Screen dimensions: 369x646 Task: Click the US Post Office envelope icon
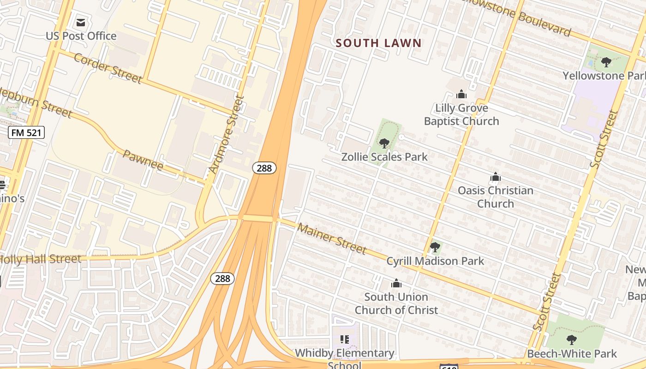[81, 22]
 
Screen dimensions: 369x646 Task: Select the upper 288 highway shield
[264, 168]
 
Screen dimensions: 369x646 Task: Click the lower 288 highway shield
[222, 278]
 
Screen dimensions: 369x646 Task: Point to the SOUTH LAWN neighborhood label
[378, 43]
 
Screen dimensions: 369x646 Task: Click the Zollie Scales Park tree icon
[384, 143]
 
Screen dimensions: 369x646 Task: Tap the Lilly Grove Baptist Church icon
[461, 94]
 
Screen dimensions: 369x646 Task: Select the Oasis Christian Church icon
[495, 177]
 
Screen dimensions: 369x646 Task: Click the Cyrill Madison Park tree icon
[435, 247]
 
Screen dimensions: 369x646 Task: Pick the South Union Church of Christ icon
[396, 283]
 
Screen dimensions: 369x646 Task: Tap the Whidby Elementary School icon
[344, 340]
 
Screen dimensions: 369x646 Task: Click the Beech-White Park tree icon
[571, 340]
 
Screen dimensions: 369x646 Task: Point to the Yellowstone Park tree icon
[606, 62]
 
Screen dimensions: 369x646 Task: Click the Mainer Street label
[332, 238]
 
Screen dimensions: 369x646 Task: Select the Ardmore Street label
[226, 134]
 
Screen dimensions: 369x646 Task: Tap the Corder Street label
[108, 68]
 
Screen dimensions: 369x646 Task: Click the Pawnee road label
[143, 160]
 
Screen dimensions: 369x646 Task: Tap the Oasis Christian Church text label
[495, 197]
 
